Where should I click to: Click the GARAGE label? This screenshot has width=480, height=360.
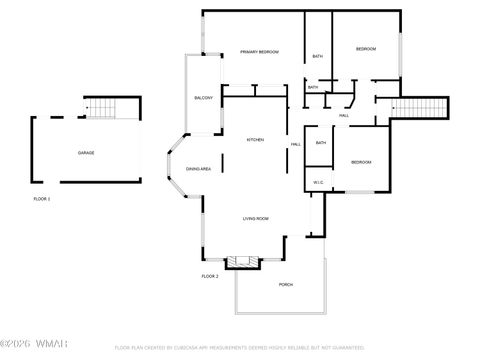click(86, 153)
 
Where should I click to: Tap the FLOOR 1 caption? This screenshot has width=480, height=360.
click(41, 199)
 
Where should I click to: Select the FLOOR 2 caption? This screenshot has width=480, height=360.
click(209, 276)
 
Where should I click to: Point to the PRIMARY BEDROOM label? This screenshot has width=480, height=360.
click(259, 51)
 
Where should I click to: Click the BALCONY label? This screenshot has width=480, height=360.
click(203, 98)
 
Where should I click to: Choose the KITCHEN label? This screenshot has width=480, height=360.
click(255, 140)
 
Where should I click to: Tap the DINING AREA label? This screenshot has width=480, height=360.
click(198, 169)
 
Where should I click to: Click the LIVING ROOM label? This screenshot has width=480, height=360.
click(256, 218)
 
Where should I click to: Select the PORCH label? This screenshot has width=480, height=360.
click(286, 284)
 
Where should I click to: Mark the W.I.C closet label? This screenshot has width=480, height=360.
click(317, 182)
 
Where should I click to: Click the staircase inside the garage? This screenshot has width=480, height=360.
click(101, 107)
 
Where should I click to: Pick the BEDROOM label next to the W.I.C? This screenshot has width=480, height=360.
click(361, 162)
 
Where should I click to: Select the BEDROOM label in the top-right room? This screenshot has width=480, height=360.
click(366, 49)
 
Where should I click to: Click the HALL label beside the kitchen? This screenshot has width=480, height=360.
click(296, 145)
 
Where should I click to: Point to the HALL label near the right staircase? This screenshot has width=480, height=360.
click(343, 116)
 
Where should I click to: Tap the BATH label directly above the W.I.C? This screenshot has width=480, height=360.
click(321, 143)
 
